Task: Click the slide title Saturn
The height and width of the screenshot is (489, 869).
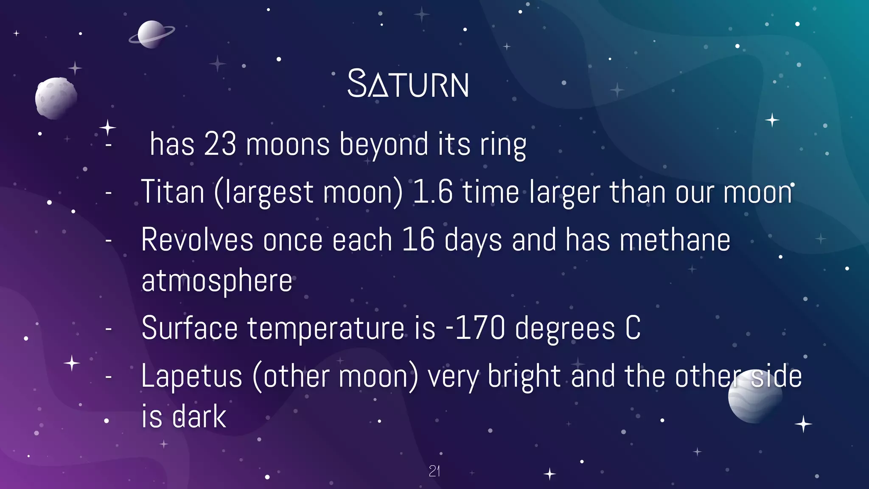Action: pyautogui.click(x=408, y=84)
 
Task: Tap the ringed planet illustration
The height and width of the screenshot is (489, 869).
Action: pyautogui.click(x=151, y=34)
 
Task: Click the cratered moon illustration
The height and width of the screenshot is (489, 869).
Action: pyautogui.click(x=56, y=98)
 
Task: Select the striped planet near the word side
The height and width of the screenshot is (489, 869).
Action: pyautogui.click(x=755, y=397)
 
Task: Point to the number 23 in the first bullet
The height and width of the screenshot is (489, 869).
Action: pyautogui.click(x=220, y=144)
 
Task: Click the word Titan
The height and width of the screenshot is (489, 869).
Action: pyautogui.click(x=173, y=192)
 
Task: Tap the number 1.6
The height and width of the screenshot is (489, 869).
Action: pyautogui.click(x=432, y=192)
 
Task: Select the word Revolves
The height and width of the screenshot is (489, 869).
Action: pyautogui.click(x=197, y=240)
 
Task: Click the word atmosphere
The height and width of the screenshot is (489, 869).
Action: pyautogui.click(x=217, y=281)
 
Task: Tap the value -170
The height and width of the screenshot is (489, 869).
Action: pyautogui.click(x=475, y=329)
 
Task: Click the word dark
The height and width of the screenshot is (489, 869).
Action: pyautogui.click(x=199, y=417)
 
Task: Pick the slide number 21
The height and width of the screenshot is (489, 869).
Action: pyautogui.click(x=434, y=471)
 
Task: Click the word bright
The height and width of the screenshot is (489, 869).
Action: pyautogui.click(x=524, y=377)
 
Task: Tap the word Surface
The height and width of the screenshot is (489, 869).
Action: pyautogui.click(x=189, y=329)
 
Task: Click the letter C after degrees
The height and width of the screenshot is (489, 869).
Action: pyautogui.click(x=633, y=329)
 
